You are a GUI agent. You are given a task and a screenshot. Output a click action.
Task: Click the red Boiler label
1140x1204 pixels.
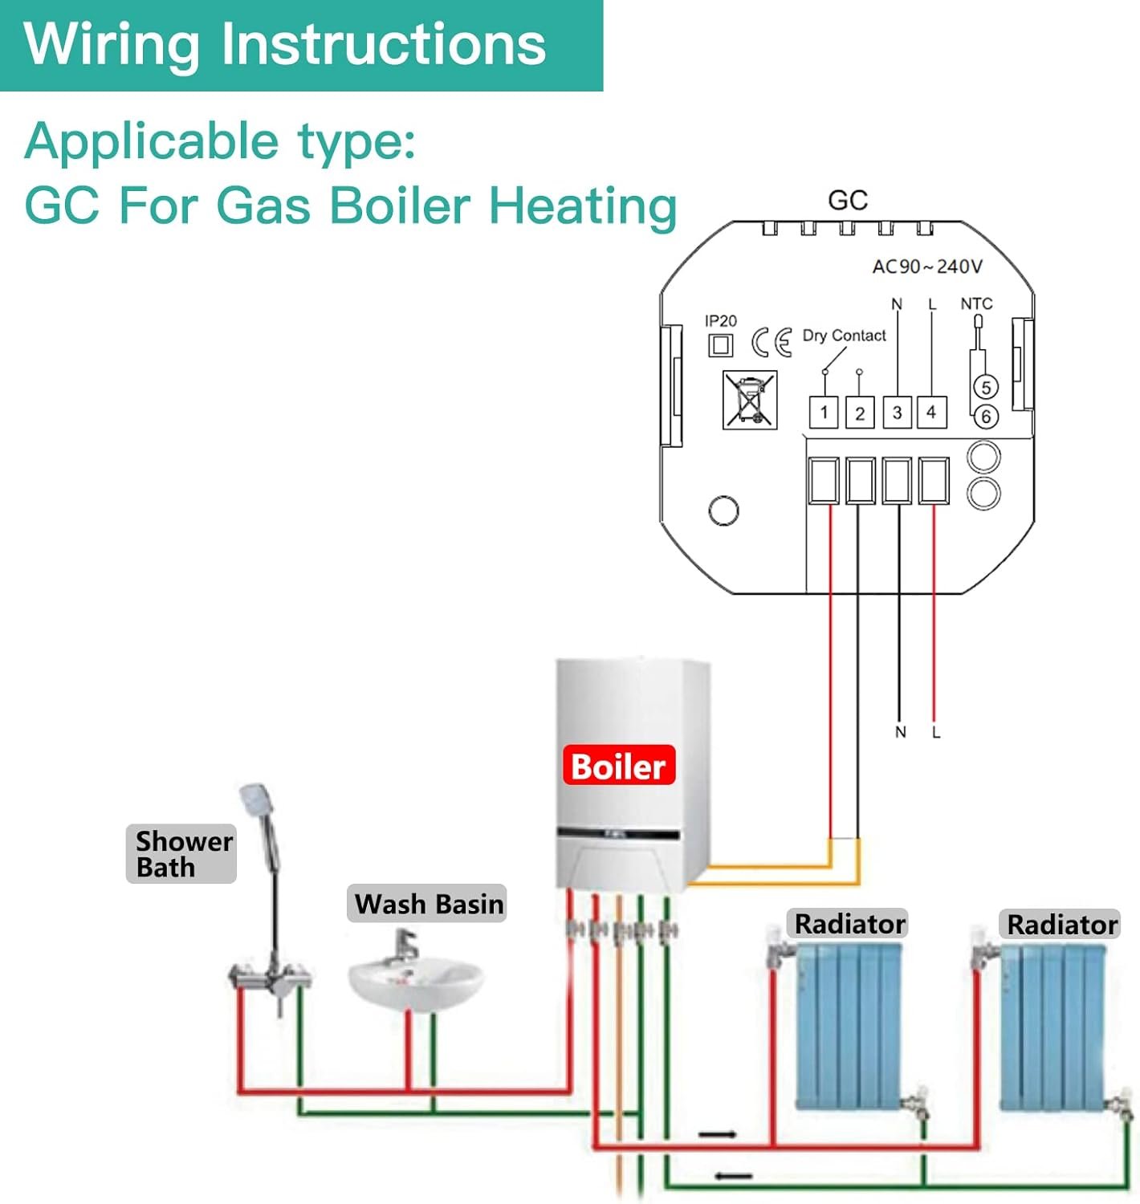[x=619, y=765]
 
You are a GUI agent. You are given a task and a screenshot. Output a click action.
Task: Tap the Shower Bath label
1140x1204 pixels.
[x=181, y=854]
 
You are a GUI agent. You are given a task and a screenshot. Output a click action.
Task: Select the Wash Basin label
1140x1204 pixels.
[x=427, y=903]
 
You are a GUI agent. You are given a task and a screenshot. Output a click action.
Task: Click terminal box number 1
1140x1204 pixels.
[x=824, y=412]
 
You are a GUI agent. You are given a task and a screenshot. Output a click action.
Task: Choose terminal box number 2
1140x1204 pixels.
[x=860, y=413]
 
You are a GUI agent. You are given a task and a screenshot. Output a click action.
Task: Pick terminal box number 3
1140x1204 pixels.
[x=897, y=412]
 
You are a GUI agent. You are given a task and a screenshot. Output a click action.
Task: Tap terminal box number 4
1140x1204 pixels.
[x=932, y=412]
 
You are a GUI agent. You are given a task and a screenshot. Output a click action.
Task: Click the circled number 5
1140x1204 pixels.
[x=986, y=387]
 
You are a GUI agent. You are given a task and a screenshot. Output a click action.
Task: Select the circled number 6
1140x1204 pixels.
[x=986, y=417]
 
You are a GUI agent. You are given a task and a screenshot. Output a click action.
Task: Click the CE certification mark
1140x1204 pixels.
[x=772, y=342]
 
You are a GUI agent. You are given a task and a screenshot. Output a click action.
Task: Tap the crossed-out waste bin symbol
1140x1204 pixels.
[x=750, y=399]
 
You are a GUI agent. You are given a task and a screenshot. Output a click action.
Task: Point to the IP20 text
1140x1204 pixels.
[x=720, y=320]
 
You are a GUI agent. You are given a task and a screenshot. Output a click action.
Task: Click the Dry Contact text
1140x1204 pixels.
[x=844, y=335]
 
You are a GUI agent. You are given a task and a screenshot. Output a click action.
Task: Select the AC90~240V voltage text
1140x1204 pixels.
[x=926, y=266]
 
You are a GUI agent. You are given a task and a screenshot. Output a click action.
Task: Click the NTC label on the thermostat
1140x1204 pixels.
[x=976, y=303]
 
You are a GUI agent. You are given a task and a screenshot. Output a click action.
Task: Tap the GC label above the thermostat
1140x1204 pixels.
[x=848, y=200]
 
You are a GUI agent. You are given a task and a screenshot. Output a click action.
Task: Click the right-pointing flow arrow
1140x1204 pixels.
[x=717, y=1134]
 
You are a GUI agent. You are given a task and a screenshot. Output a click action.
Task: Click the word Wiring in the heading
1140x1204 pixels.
[x=112, y=44]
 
